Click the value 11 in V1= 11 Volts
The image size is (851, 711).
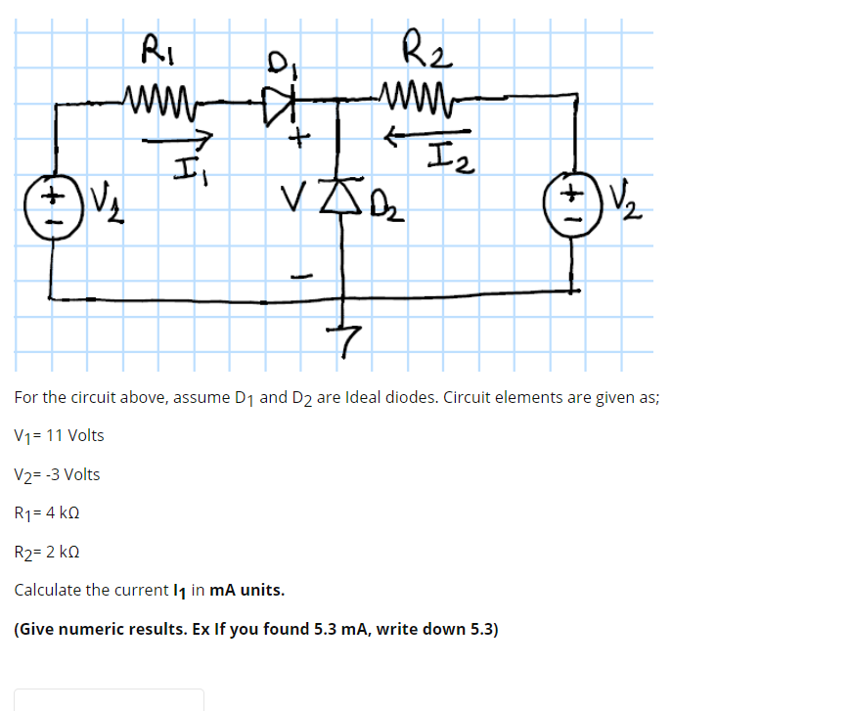click(x=53, y=436)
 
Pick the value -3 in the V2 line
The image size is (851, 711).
click(x=52, y=475)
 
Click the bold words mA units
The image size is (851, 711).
click(x=247, y=590)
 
